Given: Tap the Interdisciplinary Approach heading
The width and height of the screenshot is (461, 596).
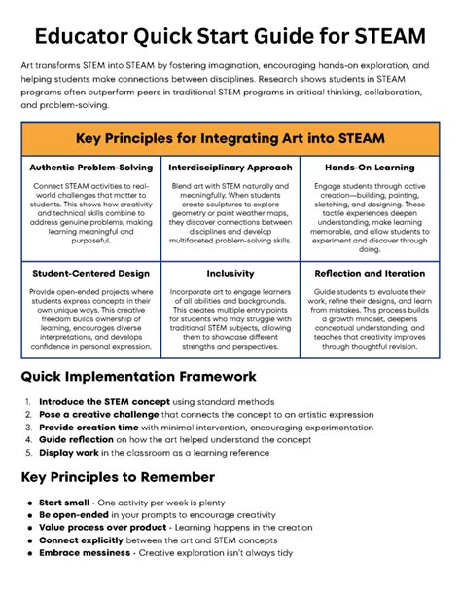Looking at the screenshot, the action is (230, 167).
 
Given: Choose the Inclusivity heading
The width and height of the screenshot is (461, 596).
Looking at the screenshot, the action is (230, 274).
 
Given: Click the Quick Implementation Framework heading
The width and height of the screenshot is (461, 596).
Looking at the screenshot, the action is (152, 376).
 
